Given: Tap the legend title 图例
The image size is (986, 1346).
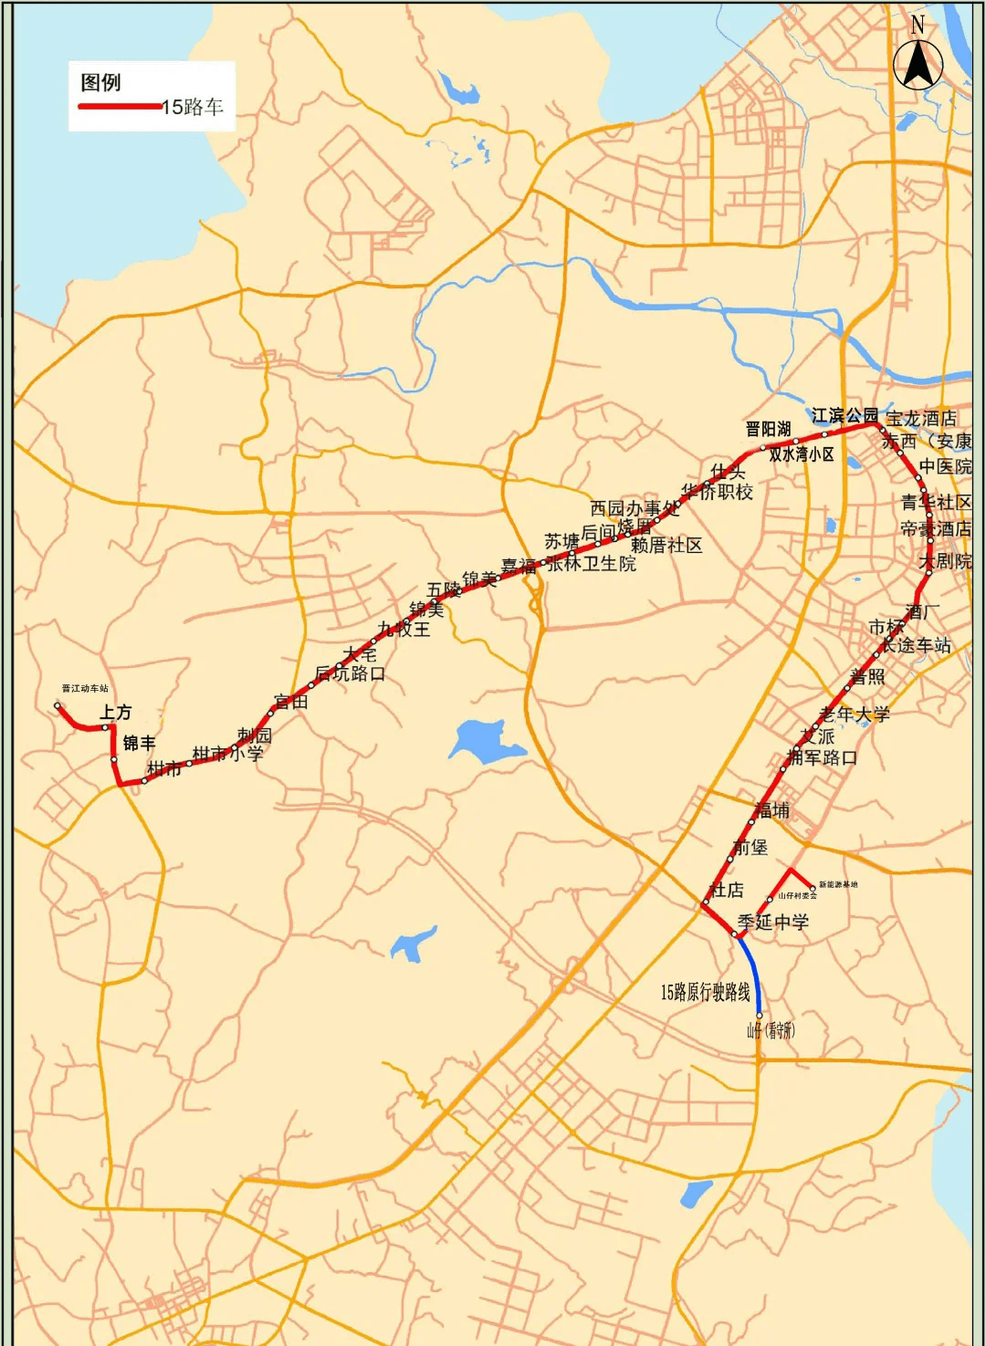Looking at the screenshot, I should pyautogui.click(x=100, y=83).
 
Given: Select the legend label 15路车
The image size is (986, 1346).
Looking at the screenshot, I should pyautogui.click(x=194, y=108).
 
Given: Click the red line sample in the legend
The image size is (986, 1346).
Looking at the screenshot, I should pyautogui.click(x=120, y=107).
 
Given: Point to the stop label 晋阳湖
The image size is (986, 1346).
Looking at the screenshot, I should pyautogui.click(x=768, y=429).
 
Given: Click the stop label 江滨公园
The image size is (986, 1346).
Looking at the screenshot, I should pyautogui.click(x=844, y=416).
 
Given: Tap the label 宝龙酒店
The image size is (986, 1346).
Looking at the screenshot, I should pyautogui.click(x=921, y=419).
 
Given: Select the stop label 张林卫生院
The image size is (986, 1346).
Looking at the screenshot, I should pyautogui.click(x=592, y=564).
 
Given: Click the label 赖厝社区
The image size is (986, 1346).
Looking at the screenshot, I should pyautogui.click(x=666, y=546).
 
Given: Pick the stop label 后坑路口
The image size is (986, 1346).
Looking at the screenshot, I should pyautogui.click(x=350, y=673).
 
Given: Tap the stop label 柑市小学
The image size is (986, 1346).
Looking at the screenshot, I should pyautogui.click(x=227, y=754).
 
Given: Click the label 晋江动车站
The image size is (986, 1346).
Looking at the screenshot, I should pyautogui.click(x=85, y=689).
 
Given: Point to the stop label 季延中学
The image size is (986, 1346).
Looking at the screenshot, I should pyautogui.click(x=773, y=923).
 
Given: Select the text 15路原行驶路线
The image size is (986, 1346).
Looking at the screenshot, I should pyautogui.click(x=705, y=992).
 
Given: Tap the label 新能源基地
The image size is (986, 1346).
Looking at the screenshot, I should pyautogui.click(x=838, y=884).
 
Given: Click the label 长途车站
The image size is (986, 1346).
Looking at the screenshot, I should pyautogui.click(x=916, y=645).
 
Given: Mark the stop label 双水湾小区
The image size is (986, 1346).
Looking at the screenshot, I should pyautogui.click(x=801, y=454).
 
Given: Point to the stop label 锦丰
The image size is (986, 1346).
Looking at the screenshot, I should pyautogui.click(x=140, y=744).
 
